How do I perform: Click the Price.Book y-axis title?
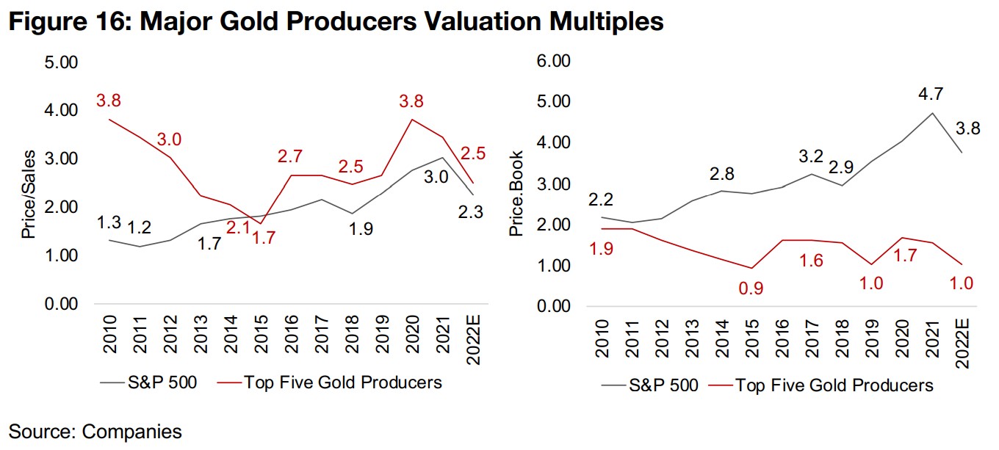click(516, 194)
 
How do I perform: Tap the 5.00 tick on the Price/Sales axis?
click(62, 62)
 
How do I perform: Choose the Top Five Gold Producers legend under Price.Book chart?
click(833, 385)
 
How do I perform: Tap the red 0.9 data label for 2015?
click(751, 288)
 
